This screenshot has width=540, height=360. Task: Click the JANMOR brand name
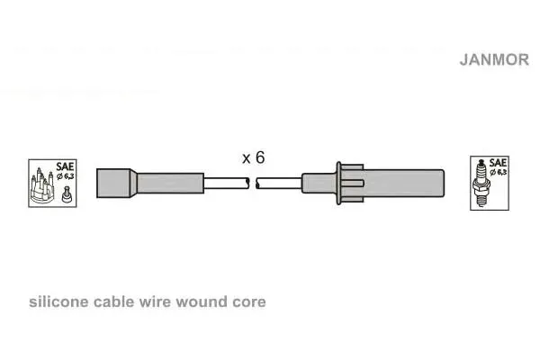(494, 59)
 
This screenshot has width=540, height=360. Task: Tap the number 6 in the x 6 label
(260, 157)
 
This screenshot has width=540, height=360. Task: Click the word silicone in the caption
(58, 301)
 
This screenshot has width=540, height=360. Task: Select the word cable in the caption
(113, 301)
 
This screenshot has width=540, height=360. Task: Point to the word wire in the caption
(155, 301)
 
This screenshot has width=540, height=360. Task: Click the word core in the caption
(249, 302)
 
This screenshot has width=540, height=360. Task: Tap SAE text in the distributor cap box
(65, 166)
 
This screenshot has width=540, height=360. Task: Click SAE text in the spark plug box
(498, 163)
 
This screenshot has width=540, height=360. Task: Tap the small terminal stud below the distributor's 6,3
(67, 194)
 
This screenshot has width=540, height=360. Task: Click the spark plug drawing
(481, 183)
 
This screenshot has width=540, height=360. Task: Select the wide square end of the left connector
(113, 184)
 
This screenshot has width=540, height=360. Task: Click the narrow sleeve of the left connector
(170, 184)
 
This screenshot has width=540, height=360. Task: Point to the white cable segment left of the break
(226, 184)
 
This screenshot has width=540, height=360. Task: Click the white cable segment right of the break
(279, 184)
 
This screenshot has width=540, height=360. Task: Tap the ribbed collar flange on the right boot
(350, 184)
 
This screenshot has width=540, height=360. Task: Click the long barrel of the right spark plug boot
(403, 184)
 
